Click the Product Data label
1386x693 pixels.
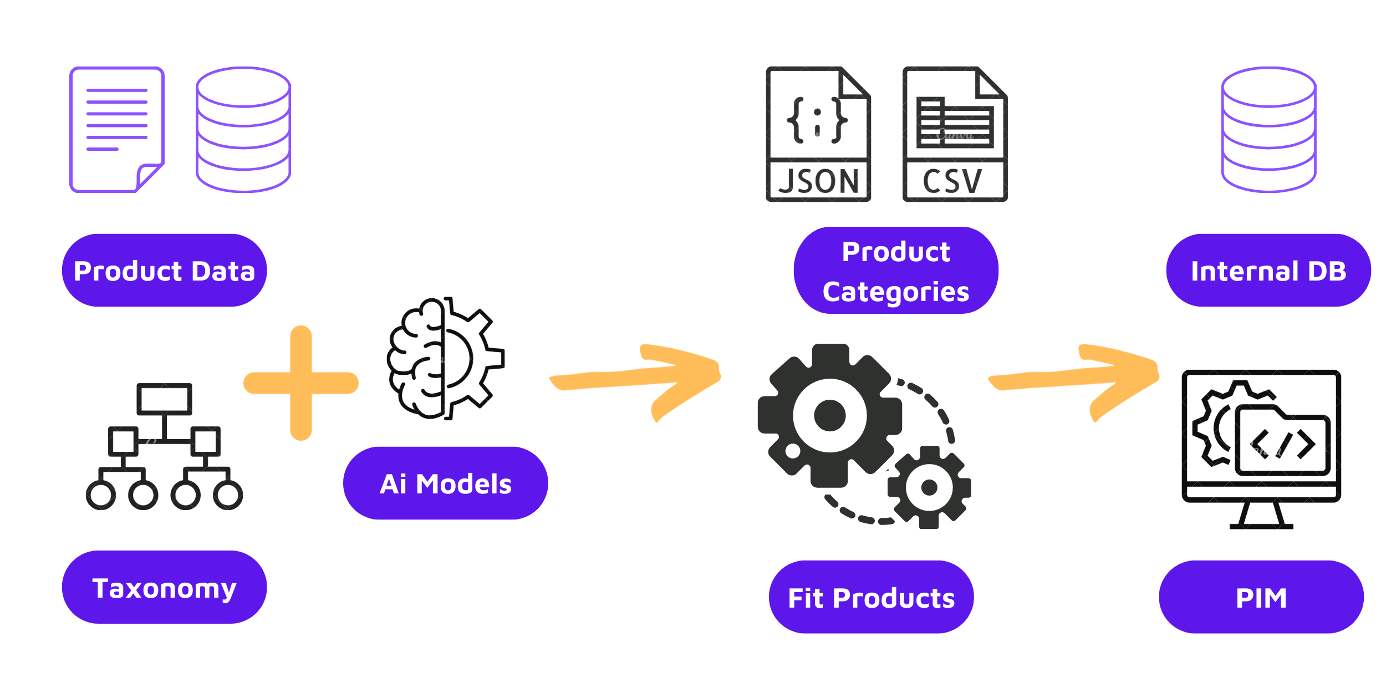point(164,271)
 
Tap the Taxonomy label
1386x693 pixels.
point(164,588)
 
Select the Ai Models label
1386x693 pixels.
point(445,483)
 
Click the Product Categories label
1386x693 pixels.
point(895,271)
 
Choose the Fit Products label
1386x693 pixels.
point(871,598)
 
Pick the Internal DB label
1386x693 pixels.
point(1268,271)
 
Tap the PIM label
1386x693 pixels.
point(1261,598)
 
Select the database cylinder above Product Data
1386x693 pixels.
point(243,130)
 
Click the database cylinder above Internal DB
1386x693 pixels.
point(1268,130)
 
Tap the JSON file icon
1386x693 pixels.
point(818,134)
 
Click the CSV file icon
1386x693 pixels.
point(955,134)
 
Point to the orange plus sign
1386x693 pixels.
point(301,383)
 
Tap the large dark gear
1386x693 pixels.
point(829,415)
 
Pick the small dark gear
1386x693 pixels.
point(929,487)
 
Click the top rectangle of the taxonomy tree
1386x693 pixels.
point(164,399)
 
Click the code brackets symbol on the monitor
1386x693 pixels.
point(1283,444)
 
